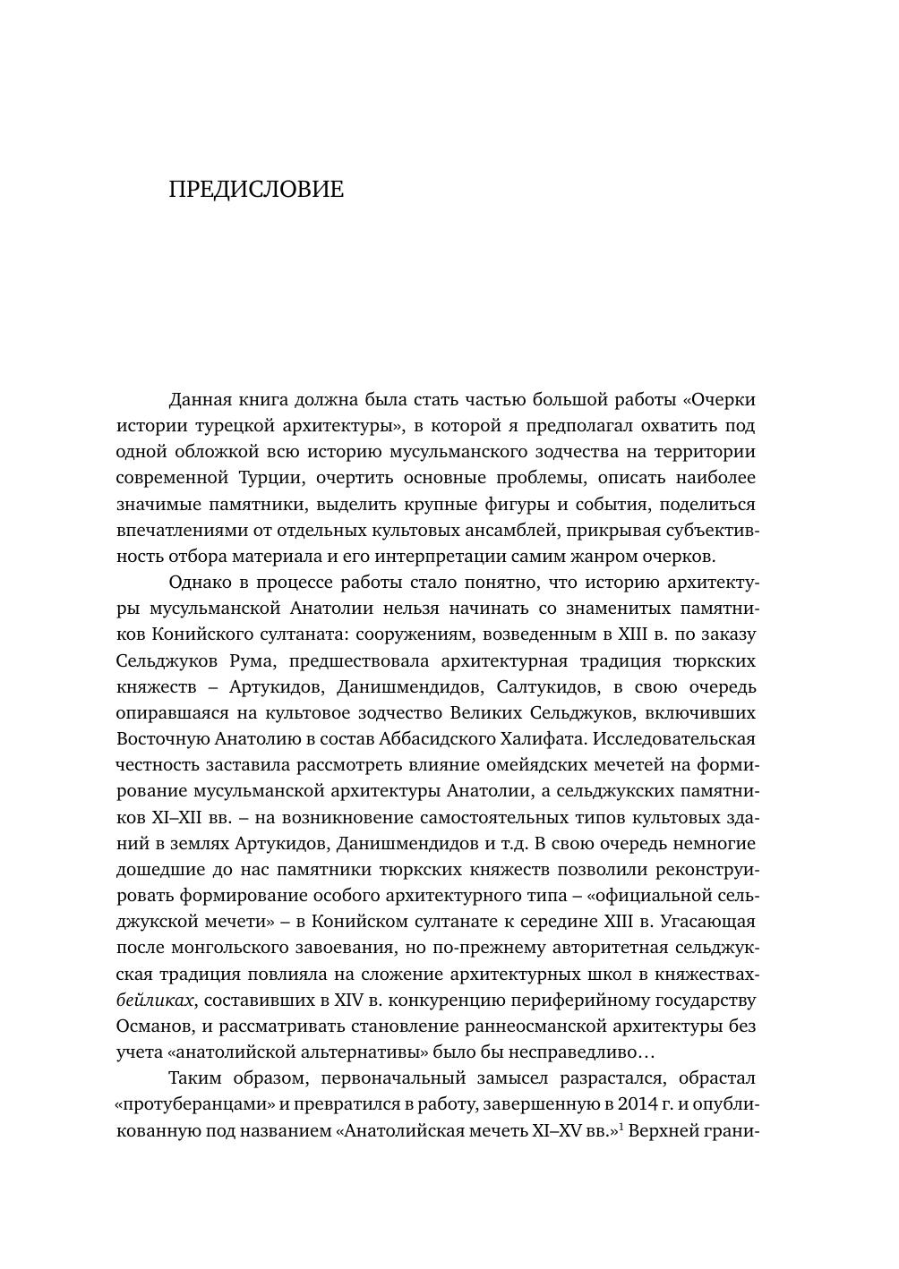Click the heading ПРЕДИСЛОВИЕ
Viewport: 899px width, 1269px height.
coord(256,190)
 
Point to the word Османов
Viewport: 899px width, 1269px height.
coord(154,1026)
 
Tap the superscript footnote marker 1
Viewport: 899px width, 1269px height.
coord(621,1126)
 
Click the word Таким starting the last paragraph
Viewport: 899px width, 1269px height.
coord(194,1078)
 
